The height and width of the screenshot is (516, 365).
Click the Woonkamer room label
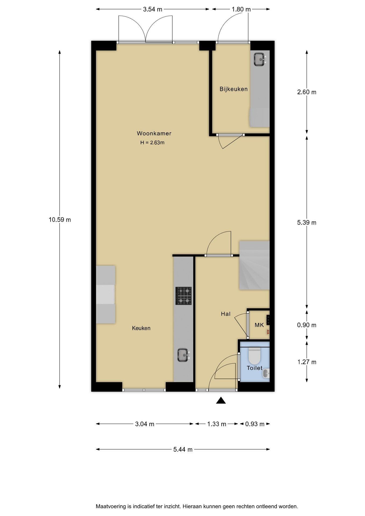154,133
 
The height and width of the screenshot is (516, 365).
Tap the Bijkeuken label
234,89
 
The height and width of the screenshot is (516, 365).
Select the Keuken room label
141,328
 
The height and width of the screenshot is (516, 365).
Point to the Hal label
226,314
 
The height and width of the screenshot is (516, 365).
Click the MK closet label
259,325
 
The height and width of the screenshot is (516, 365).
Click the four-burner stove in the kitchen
184,296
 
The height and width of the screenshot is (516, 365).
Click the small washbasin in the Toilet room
266,373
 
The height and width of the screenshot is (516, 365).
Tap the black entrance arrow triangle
221,400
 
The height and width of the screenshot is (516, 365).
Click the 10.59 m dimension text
60,220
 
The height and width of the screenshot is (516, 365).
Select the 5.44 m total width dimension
183,449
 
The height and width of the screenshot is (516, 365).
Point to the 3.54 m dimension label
153,9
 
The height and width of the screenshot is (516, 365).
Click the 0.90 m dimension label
307,325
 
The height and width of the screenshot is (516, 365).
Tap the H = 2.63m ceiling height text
152,143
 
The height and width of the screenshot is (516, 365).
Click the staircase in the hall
254,265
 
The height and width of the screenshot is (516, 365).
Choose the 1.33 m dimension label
217,424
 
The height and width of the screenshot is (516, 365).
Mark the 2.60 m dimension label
307,92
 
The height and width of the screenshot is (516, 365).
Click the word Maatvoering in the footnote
111,507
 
